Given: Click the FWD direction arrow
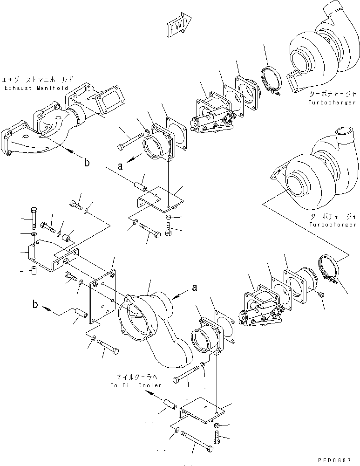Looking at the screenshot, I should pyautogui.click(x=179, y=27).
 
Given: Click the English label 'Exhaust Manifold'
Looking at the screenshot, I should pyautogui.click(x=35, y=88).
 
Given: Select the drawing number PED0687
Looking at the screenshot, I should pyautogui.click(x=339, y=459).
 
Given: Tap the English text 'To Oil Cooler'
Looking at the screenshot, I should pyautogui.click(x=136, y=385).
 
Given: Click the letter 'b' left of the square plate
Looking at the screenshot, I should pyautogui.click(x=35, y=305).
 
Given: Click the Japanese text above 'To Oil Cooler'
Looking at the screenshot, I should pyautogui.click(x=136, y=377).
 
